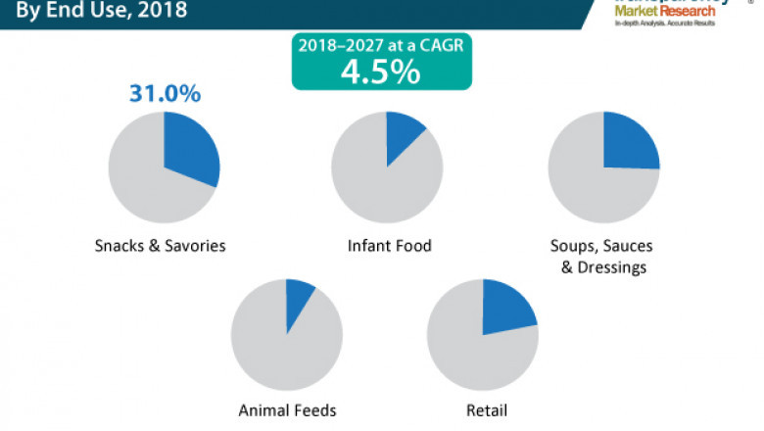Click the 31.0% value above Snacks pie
(165, 94)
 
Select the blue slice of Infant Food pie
(403, 134)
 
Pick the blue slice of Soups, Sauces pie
(629, 141)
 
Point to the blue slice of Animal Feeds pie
(298, 298)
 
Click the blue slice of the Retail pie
(506, 305)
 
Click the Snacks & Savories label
(160, 246)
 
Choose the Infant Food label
(390, 245)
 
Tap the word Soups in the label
(573, 245)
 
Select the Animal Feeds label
(287, 410)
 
